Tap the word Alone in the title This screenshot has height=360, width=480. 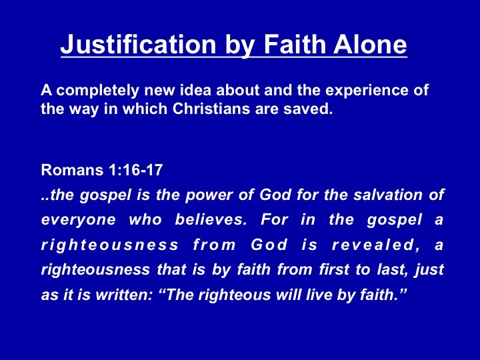pyautogui.click(x=370, y=45)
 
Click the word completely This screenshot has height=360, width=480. pyautogui.click(x=97, y=91)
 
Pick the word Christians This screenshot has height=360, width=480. pyautogui.click(x=211, y=109)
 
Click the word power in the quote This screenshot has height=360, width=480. pyautogui.click(x=209, y=195)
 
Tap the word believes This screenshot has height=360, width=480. pyautogui.click(x=211, y=219)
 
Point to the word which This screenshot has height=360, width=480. pyautogui.click(x=144, y=109)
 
